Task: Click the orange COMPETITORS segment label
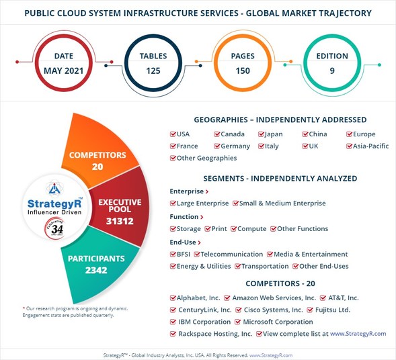coord(98,155)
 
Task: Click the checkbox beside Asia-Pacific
coord(350,146)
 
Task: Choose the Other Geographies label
coord(206,158)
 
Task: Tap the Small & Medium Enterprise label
coord(282,204)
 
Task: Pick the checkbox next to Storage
coord(173,229)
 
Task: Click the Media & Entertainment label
coord(311,255)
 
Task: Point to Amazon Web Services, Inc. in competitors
coord(274,298)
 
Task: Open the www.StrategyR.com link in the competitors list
coord(354,334)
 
